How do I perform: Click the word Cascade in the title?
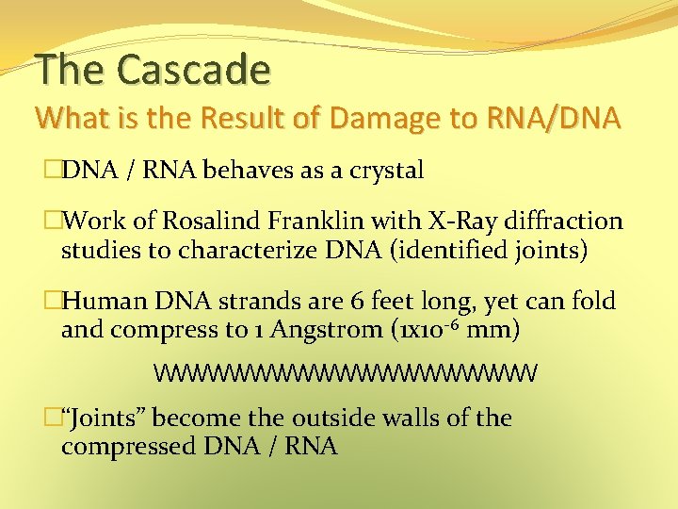[x=193, y=69]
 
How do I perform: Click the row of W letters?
[x=346, y=373]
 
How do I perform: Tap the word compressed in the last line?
[x=128, y=446]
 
